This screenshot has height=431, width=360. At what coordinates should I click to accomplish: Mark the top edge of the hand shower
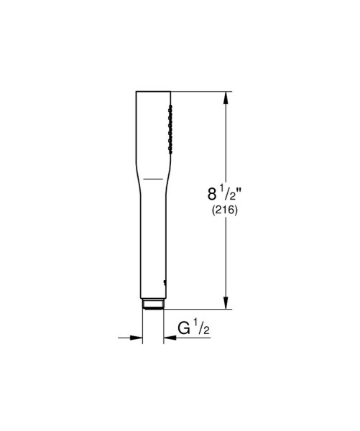pos(152,92)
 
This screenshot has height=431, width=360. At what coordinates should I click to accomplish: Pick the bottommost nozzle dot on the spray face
pos(171,149)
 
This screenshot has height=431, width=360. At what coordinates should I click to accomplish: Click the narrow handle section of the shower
pos(152,244)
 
